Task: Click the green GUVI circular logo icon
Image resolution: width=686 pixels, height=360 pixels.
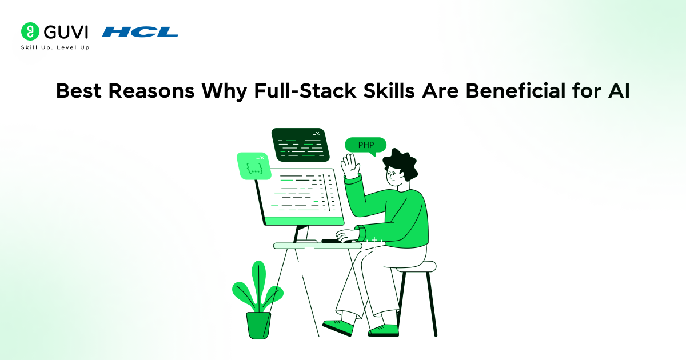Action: point(30,31)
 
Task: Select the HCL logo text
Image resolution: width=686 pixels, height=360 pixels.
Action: point(140,32)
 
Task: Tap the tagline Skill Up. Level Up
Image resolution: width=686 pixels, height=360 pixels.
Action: point(55,47)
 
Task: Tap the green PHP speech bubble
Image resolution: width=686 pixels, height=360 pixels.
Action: point(366,145)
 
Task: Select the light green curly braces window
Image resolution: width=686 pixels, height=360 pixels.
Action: point(253,166)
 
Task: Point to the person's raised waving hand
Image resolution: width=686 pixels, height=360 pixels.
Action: point(349,166)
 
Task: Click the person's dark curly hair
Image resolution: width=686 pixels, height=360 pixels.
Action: point(400,160)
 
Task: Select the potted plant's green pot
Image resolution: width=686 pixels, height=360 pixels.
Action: point(258,324)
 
